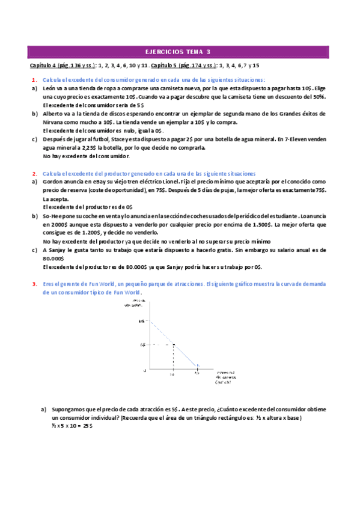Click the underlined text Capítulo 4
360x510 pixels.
(44, 65)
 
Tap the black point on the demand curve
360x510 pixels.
(174, 345)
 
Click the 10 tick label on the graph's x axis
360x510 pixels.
(172, 374)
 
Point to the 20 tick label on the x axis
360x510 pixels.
(197, 374)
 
